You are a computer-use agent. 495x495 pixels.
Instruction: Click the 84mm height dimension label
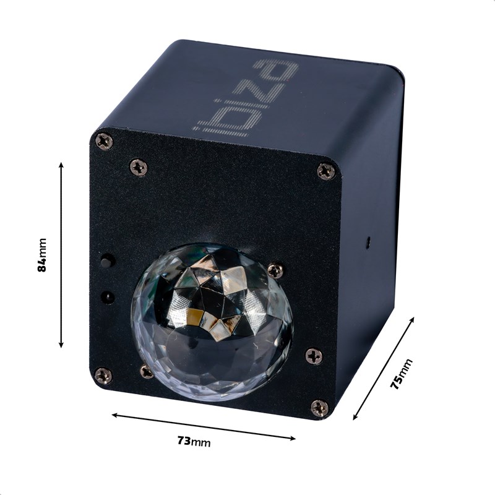42,255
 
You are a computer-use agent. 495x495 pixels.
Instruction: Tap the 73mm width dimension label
194,441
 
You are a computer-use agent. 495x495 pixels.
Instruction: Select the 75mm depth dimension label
401,373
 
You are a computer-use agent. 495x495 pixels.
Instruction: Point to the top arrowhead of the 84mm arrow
61,165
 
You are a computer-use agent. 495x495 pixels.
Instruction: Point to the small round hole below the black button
108,296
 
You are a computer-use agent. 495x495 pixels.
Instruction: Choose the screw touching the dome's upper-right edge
275,270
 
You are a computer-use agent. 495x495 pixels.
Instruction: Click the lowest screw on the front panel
319,408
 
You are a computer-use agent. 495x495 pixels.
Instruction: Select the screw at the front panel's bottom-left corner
103,375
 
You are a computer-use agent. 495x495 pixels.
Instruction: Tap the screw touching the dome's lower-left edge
147,371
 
